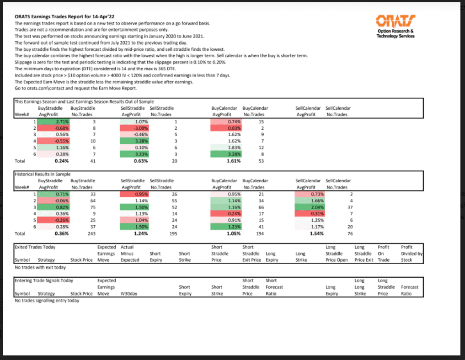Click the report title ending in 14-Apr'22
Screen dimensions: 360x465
[x=58, y=16]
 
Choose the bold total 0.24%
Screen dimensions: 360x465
[x=61, y=161]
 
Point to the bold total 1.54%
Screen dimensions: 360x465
[x=317, y=233]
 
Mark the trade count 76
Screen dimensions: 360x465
[x=350, y=233]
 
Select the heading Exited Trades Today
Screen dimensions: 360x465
[x=35, y=247]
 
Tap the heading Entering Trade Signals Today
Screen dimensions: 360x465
[x=43, y=281]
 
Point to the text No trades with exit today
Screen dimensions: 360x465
[x=40, y=267]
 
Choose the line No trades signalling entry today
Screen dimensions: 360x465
[x=47, y=301]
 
